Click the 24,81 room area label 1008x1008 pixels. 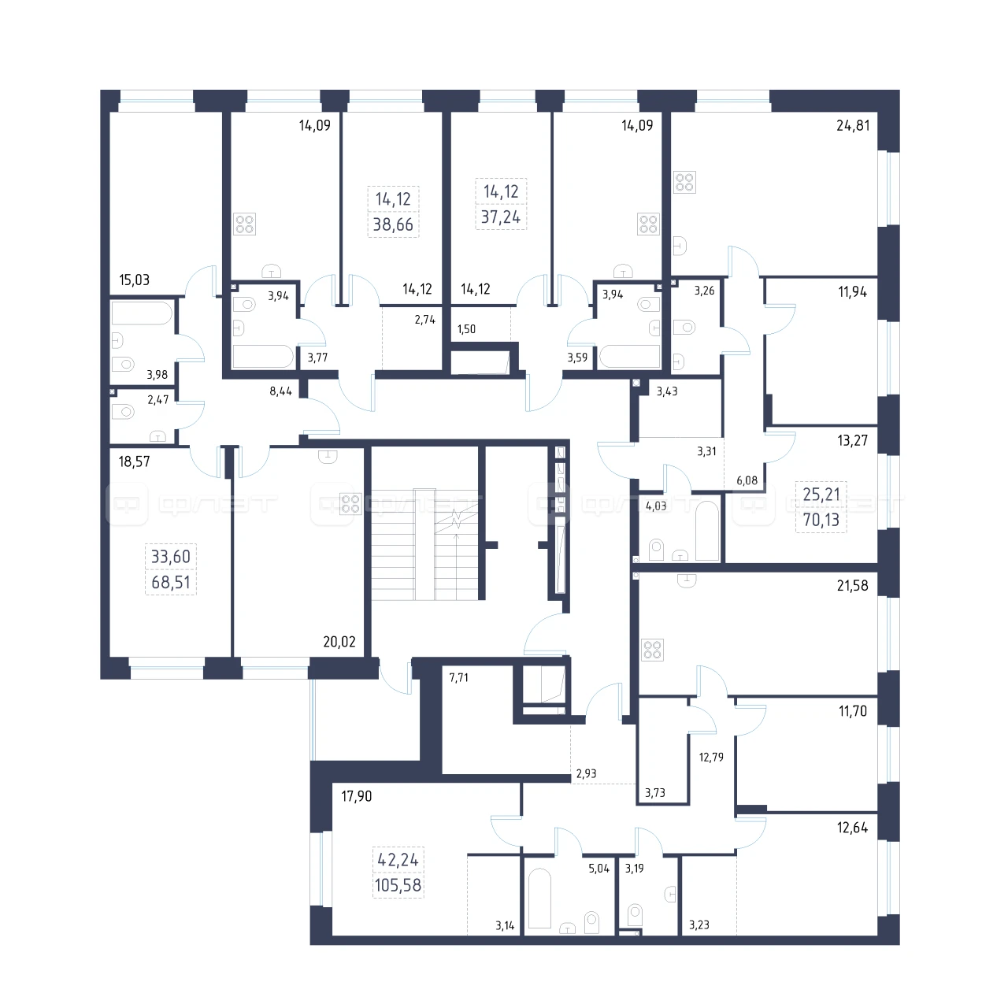[853, 125]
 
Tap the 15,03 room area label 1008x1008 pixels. [135, 280]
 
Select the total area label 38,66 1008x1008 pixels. [393, 224]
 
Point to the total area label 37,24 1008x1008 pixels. [501, 217]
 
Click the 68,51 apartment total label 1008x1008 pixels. [171, 582]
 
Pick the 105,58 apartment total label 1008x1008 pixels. [398, 885]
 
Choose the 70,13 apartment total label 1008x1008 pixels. [821, 520]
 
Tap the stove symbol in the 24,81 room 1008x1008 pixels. [684, 183]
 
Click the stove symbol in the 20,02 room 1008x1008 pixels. [350, 504]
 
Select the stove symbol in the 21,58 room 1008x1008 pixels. [652, 650]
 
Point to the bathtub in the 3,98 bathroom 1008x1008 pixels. [142, 313]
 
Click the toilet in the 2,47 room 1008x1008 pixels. [123, 412]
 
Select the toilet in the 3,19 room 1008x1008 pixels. [635, 915]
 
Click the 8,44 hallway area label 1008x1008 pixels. [281, 391]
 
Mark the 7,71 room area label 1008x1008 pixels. [459, 678]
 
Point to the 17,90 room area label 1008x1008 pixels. [356, 796]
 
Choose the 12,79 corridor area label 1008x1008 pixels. [711, 757]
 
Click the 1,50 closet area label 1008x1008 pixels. [467, 329]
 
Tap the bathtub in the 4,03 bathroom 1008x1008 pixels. [707, 531]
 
